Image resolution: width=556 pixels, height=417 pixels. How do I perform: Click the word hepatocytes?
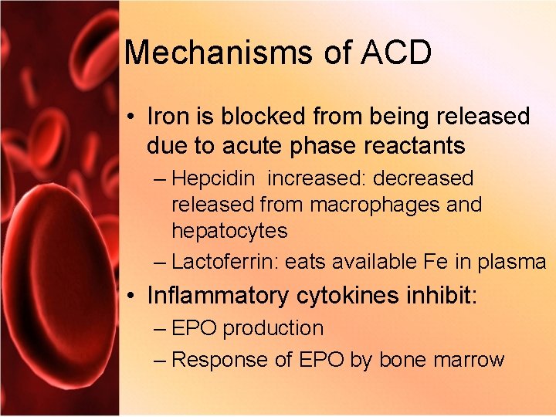229,231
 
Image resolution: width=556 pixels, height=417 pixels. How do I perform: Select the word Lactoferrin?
224,262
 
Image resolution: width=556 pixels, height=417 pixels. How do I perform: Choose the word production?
273,328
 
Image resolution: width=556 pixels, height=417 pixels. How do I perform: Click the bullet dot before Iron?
134,117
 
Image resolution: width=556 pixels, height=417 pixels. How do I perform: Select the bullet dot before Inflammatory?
134,297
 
